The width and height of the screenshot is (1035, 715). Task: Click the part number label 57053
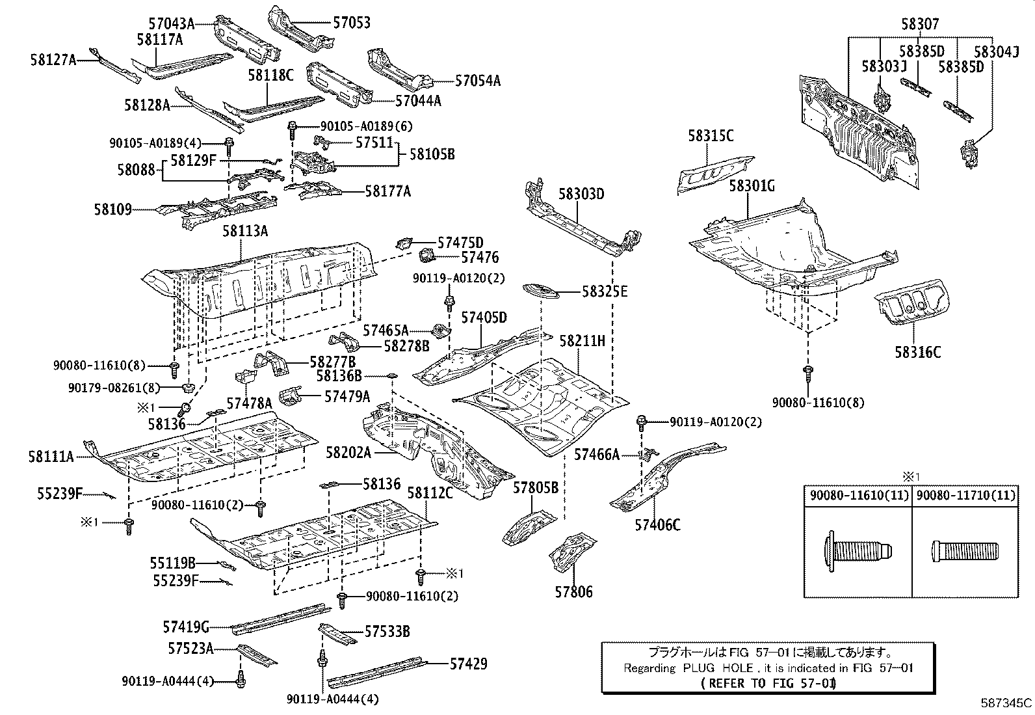point(351,23)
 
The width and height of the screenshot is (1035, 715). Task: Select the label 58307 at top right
point(920,24)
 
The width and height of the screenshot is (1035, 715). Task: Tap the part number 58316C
point(917,352)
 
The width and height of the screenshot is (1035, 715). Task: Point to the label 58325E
point(605,291)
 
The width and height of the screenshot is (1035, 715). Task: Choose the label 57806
point(573,592)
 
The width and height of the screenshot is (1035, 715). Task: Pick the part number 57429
point(468,664)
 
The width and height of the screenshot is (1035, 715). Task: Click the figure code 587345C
point(1006,703)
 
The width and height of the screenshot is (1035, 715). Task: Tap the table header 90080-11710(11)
point(965,496)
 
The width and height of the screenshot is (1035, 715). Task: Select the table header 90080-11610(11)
point(858,496)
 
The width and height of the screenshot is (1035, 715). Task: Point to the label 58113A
point(245,231)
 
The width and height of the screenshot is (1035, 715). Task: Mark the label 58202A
point(348,453)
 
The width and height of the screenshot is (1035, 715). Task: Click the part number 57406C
point(657,524)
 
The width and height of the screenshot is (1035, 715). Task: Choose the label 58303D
point(581,194)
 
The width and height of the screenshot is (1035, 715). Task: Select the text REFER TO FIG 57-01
point(769,683)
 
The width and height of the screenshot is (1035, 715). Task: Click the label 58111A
point(51,457)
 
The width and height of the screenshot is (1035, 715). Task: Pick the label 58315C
point(711,136)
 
